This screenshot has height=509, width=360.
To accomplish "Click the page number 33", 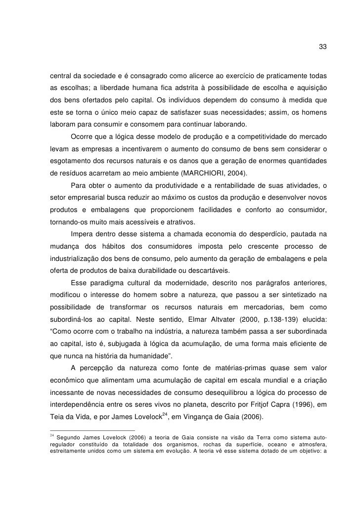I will click(x=322, y=47).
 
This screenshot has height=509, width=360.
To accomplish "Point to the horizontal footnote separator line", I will click(x=92, y=430).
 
